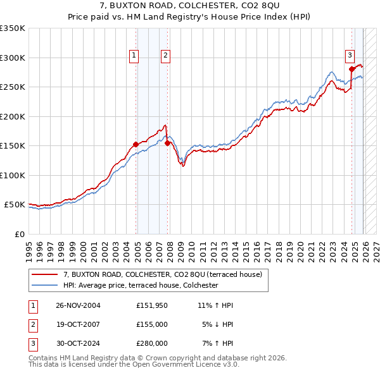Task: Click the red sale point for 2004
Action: tap(136, 144)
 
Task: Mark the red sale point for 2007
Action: tap(168, 143)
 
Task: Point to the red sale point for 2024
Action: tap(351, 69)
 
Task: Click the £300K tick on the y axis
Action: tap(13, 58)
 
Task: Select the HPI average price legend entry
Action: tap(141, 286)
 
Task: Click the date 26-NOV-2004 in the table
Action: tap(78, 305)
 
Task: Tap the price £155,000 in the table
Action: tap(151, 324)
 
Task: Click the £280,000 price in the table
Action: tap(151, 343)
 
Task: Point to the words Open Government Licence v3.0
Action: tap(189, 365)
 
